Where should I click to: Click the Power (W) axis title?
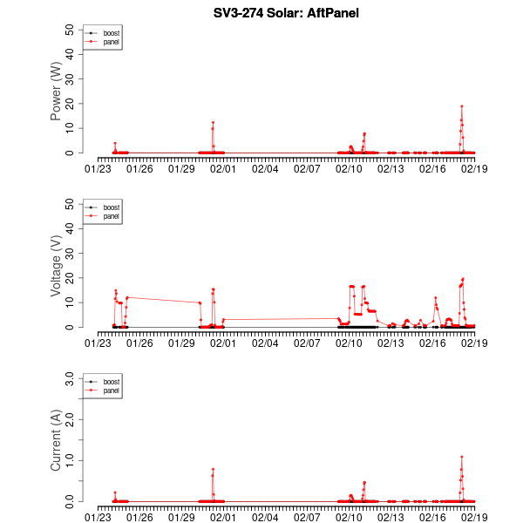click(x=56, y=92)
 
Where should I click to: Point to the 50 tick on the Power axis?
click(x=70, y=29)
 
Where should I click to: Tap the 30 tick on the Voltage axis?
click(x=70, y=253)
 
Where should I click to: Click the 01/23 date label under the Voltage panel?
click(x=98, y=343)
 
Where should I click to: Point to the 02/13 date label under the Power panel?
click(x=391, y=168)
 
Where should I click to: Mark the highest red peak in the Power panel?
click(x=462, y=105)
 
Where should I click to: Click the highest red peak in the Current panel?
click(x=462, y=457)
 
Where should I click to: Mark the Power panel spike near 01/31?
click(x=213, y=123)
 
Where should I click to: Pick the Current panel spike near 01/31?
click(x=213, y=469)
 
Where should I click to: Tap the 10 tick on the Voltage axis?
click(x=70, y=302)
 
